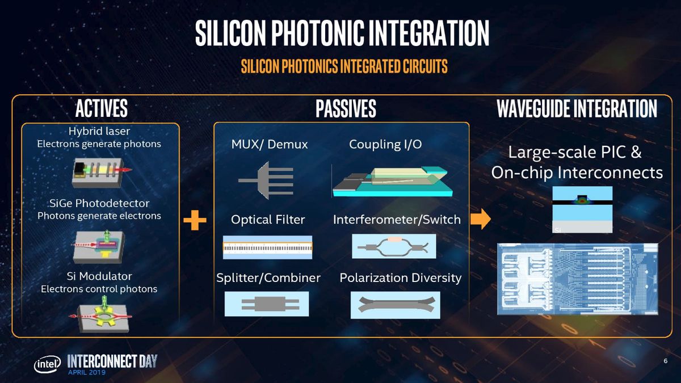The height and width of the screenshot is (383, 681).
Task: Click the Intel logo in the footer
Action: tap(47, 364)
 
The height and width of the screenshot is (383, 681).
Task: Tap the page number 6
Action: tap(666, 361)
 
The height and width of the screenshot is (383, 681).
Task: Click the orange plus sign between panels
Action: tap(195, 220)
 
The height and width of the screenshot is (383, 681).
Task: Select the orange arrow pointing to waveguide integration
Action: tap(480, 219)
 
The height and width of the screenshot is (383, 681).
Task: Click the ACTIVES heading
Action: tap(102, 108)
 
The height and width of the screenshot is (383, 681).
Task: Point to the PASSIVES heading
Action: tap(346, 108)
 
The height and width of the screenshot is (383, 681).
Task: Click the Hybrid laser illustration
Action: tap(102, 172)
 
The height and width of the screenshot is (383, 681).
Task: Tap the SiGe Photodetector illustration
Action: tap(99, 246)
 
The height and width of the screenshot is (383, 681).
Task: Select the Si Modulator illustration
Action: tap(100, 316)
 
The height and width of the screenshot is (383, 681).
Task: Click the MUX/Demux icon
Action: tap(266, 180)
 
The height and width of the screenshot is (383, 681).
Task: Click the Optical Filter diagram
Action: tap(267, 247)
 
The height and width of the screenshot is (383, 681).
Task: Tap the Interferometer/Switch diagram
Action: tap(394, 246)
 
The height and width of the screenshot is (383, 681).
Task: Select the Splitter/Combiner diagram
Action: tap(267, 304)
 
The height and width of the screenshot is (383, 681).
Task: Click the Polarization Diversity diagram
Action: tap(395, 305)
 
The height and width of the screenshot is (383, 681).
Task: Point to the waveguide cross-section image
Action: tap(582, 210)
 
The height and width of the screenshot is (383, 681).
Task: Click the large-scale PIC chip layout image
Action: tap(578, 279)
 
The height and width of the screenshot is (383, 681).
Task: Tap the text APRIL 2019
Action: tap(87, 372)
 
